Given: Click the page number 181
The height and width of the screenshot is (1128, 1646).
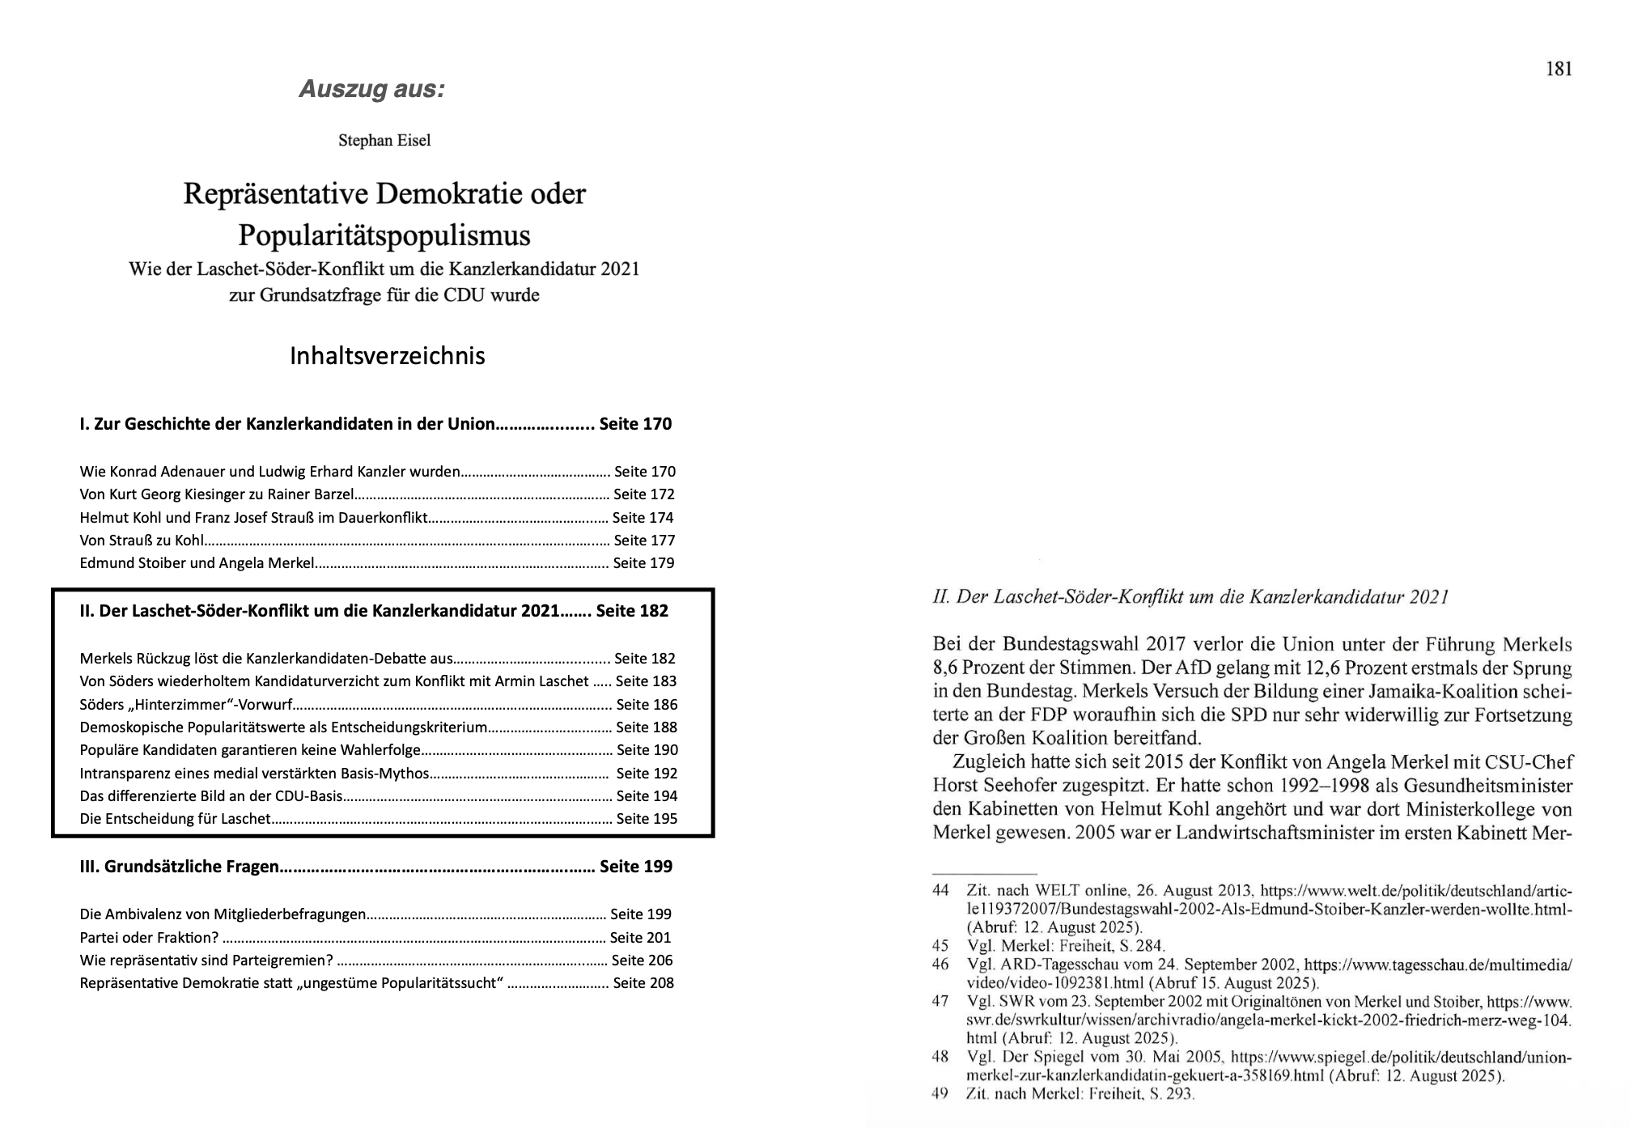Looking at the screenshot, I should click(1558, 70).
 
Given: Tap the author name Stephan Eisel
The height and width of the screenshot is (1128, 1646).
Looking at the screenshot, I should click(384, 141).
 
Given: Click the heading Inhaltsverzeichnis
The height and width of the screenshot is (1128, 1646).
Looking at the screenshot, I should click(387, 356).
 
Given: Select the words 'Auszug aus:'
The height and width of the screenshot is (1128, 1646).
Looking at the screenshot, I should click(371, 89).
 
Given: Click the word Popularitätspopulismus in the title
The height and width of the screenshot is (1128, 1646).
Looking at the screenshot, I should click(384, 235).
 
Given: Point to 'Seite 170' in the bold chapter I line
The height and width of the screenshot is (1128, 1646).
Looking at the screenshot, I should click(635, 424).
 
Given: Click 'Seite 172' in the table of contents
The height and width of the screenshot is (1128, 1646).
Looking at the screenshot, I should click(643, 494).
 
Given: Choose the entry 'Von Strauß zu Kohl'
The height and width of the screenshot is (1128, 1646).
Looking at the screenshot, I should click(142, 541).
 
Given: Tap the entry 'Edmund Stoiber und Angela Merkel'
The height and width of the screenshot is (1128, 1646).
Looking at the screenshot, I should click(197, 563).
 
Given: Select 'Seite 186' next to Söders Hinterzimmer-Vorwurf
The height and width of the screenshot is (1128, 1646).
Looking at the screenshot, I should click(647, 705).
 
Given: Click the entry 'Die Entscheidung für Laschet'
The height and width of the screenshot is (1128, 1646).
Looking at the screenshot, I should click(175, 819).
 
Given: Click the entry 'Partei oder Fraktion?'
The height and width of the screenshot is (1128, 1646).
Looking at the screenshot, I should click(149, 938).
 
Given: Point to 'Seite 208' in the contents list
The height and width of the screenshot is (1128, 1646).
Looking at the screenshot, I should click(643, 983).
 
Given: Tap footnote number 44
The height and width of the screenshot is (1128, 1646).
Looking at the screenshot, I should click(940, 891).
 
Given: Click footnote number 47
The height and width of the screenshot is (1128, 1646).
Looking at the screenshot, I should click(940, 1002).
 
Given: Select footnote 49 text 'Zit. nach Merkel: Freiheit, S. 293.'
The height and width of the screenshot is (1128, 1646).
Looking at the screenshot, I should click(1080, 1094).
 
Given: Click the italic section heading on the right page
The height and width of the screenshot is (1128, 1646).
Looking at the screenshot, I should click(1190, 598).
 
